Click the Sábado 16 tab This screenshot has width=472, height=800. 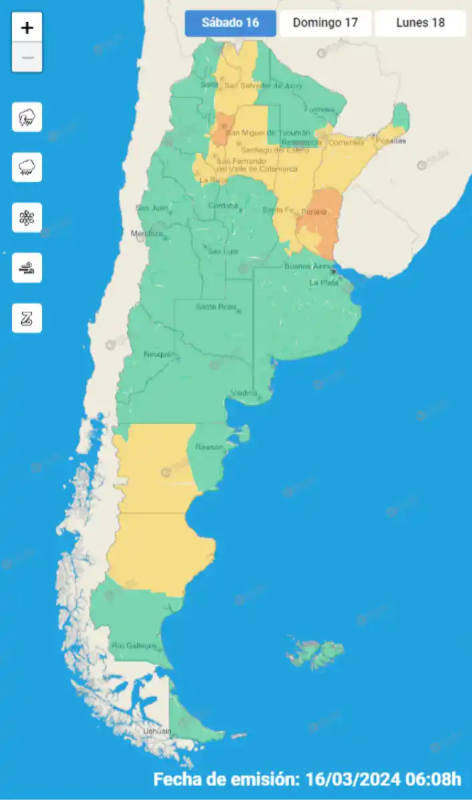(230, 23)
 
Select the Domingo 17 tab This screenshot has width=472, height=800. (325, 23)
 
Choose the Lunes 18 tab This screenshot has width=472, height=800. (420, 23)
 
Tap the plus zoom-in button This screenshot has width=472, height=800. (27, 28)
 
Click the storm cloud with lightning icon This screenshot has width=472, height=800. (27, 117)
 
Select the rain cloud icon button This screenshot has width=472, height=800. (27, 167)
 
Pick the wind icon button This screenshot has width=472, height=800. (27, 268)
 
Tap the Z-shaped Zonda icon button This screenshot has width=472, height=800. (27, 318)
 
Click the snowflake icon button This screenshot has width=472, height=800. (27, 217)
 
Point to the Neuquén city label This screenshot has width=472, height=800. (158, 354)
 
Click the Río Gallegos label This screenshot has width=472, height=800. (134, 645)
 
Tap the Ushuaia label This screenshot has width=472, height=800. (158, 731)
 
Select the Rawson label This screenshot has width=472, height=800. (208, 447)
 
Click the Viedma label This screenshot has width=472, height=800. (244, 393)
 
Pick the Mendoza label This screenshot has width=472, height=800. (147, 233)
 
